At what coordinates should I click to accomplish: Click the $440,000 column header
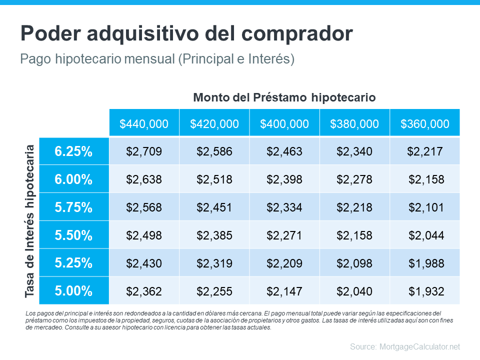pos(144,123)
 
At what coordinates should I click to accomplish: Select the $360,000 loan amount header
pos(424,123)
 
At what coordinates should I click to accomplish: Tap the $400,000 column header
pos(284,123)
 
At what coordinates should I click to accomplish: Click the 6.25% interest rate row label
pos(73,151)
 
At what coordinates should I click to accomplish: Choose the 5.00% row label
pos(73,290)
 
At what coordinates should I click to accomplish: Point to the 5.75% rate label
pos(73,207)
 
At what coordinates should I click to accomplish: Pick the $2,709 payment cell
pos(144,151)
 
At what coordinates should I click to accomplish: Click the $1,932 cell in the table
pos(426,290)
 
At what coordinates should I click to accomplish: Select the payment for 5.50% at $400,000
pos(284,235)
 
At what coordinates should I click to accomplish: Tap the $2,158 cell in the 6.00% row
pos(426,179)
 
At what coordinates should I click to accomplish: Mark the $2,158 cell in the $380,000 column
pos(354,235)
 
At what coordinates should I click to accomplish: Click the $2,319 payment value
pos(214,262)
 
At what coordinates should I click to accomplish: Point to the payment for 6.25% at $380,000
pos(354,151)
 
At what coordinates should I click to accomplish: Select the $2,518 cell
pos(214,179)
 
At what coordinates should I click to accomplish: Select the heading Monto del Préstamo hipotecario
pos(284,97)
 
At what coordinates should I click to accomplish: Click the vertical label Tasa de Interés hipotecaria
pos(30,221)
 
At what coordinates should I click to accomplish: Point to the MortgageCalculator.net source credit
pos(404,346)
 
